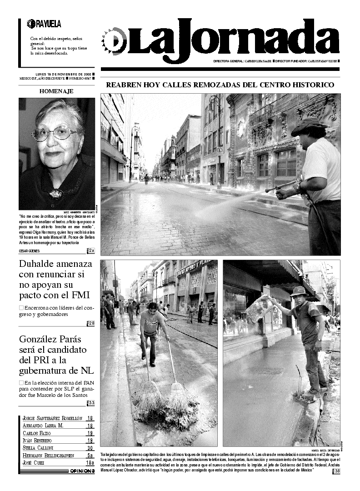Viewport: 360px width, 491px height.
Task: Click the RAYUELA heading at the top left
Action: [47, 24]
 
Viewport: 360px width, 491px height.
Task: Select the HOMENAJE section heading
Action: [56, 91]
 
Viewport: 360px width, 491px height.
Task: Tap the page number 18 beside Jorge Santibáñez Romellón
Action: [90, 418]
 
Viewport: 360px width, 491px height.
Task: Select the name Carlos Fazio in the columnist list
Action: [36, 433]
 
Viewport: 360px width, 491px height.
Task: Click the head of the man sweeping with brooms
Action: [153, 308]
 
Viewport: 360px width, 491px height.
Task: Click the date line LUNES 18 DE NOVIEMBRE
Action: [63, 74]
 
